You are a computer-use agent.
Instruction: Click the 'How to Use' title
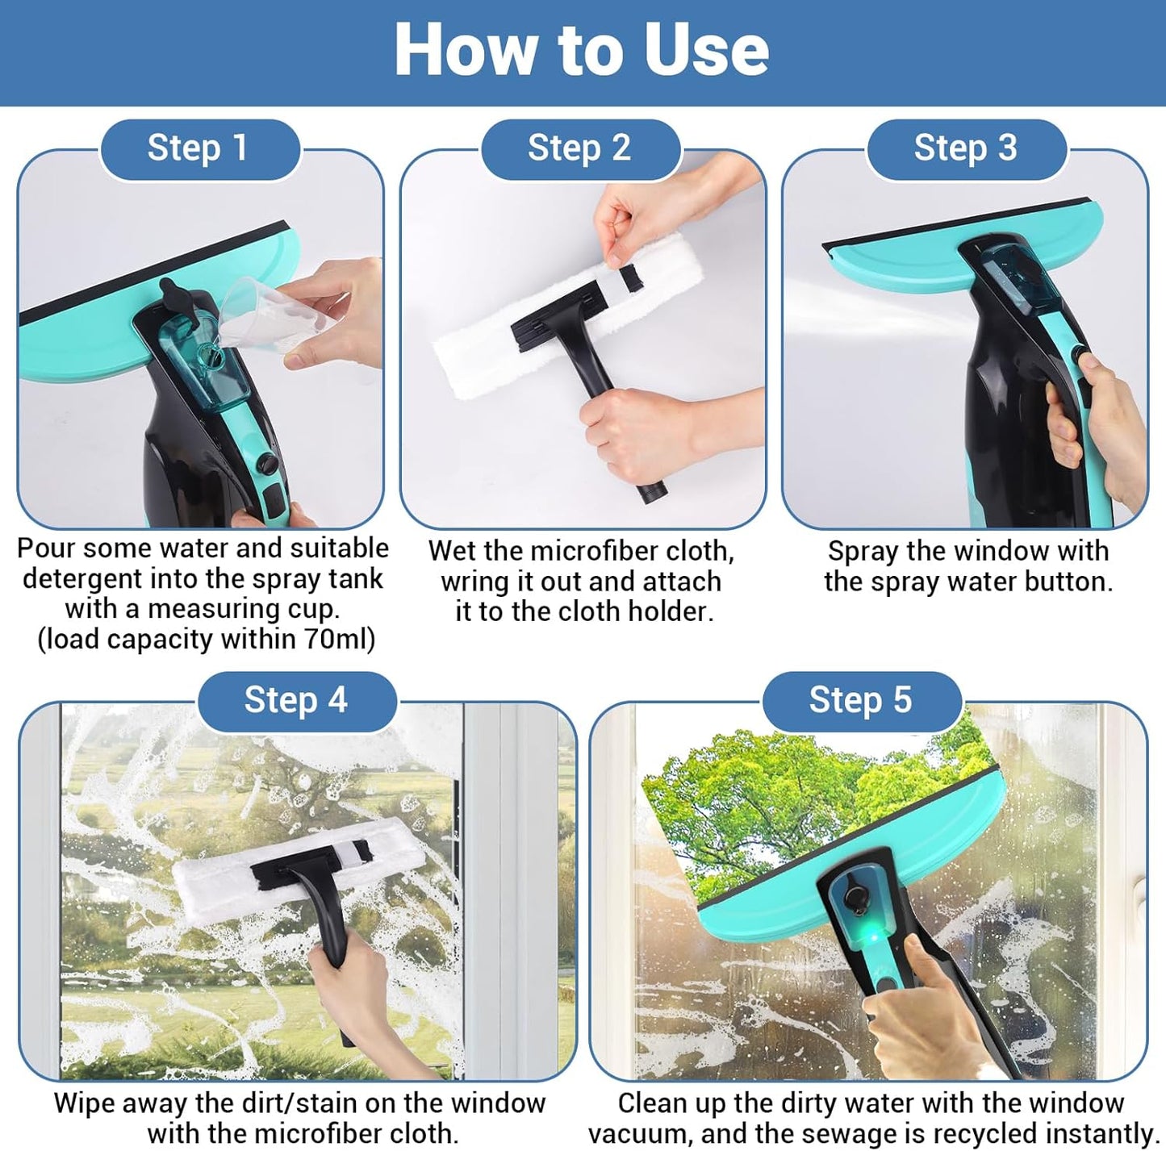pyautogui.click(x=581, y=50)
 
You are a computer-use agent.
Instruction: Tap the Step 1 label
pyautogui.click(x=198, y=148)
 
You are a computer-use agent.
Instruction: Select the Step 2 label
pyautogui.click(x=579, y=148)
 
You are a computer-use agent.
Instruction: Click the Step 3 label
pyautogui.click(x=965, y=148)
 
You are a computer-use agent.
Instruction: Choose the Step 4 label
pyautogui.click(x=296, y=700)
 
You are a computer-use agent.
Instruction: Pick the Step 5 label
pyautogui.click(x=860, y=700)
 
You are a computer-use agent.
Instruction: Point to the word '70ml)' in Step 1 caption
pyautogui.click(x=340, y=640)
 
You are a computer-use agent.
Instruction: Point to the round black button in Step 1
pyautogui.click(x=266, y=464)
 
